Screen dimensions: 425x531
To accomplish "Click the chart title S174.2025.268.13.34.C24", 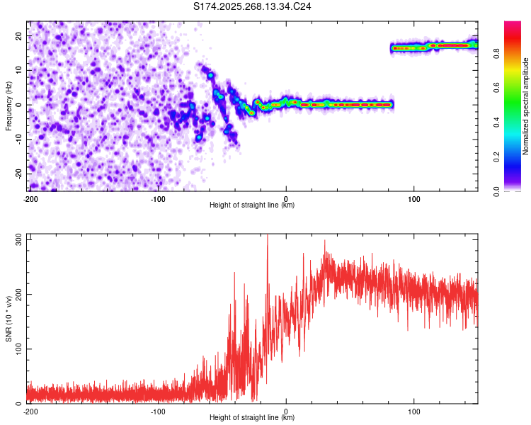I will (253, 7).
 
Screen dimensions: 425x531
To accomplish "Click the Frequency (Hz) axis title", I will (8, 105).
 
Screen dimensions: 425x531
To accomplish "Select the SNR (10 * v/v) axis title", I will (8, 319).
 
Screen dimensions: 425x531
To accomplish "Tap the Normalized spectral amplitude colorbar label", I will (526, 106).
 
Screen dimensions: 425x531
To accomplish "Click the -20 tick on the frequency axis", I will (18, 174).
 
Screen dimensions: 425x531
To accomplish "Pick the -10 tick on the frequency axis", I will (18, 140).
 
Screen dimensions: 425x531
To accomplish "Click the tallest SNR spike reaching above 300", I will (267, 237).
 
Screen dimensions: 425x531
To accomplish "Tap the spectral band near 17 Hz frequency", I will (433, 47).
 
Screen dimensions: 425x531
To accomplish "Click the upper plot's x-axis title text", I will (252, 205).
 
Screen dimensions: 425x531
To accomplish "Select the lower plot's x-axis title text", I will (252, 418).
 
